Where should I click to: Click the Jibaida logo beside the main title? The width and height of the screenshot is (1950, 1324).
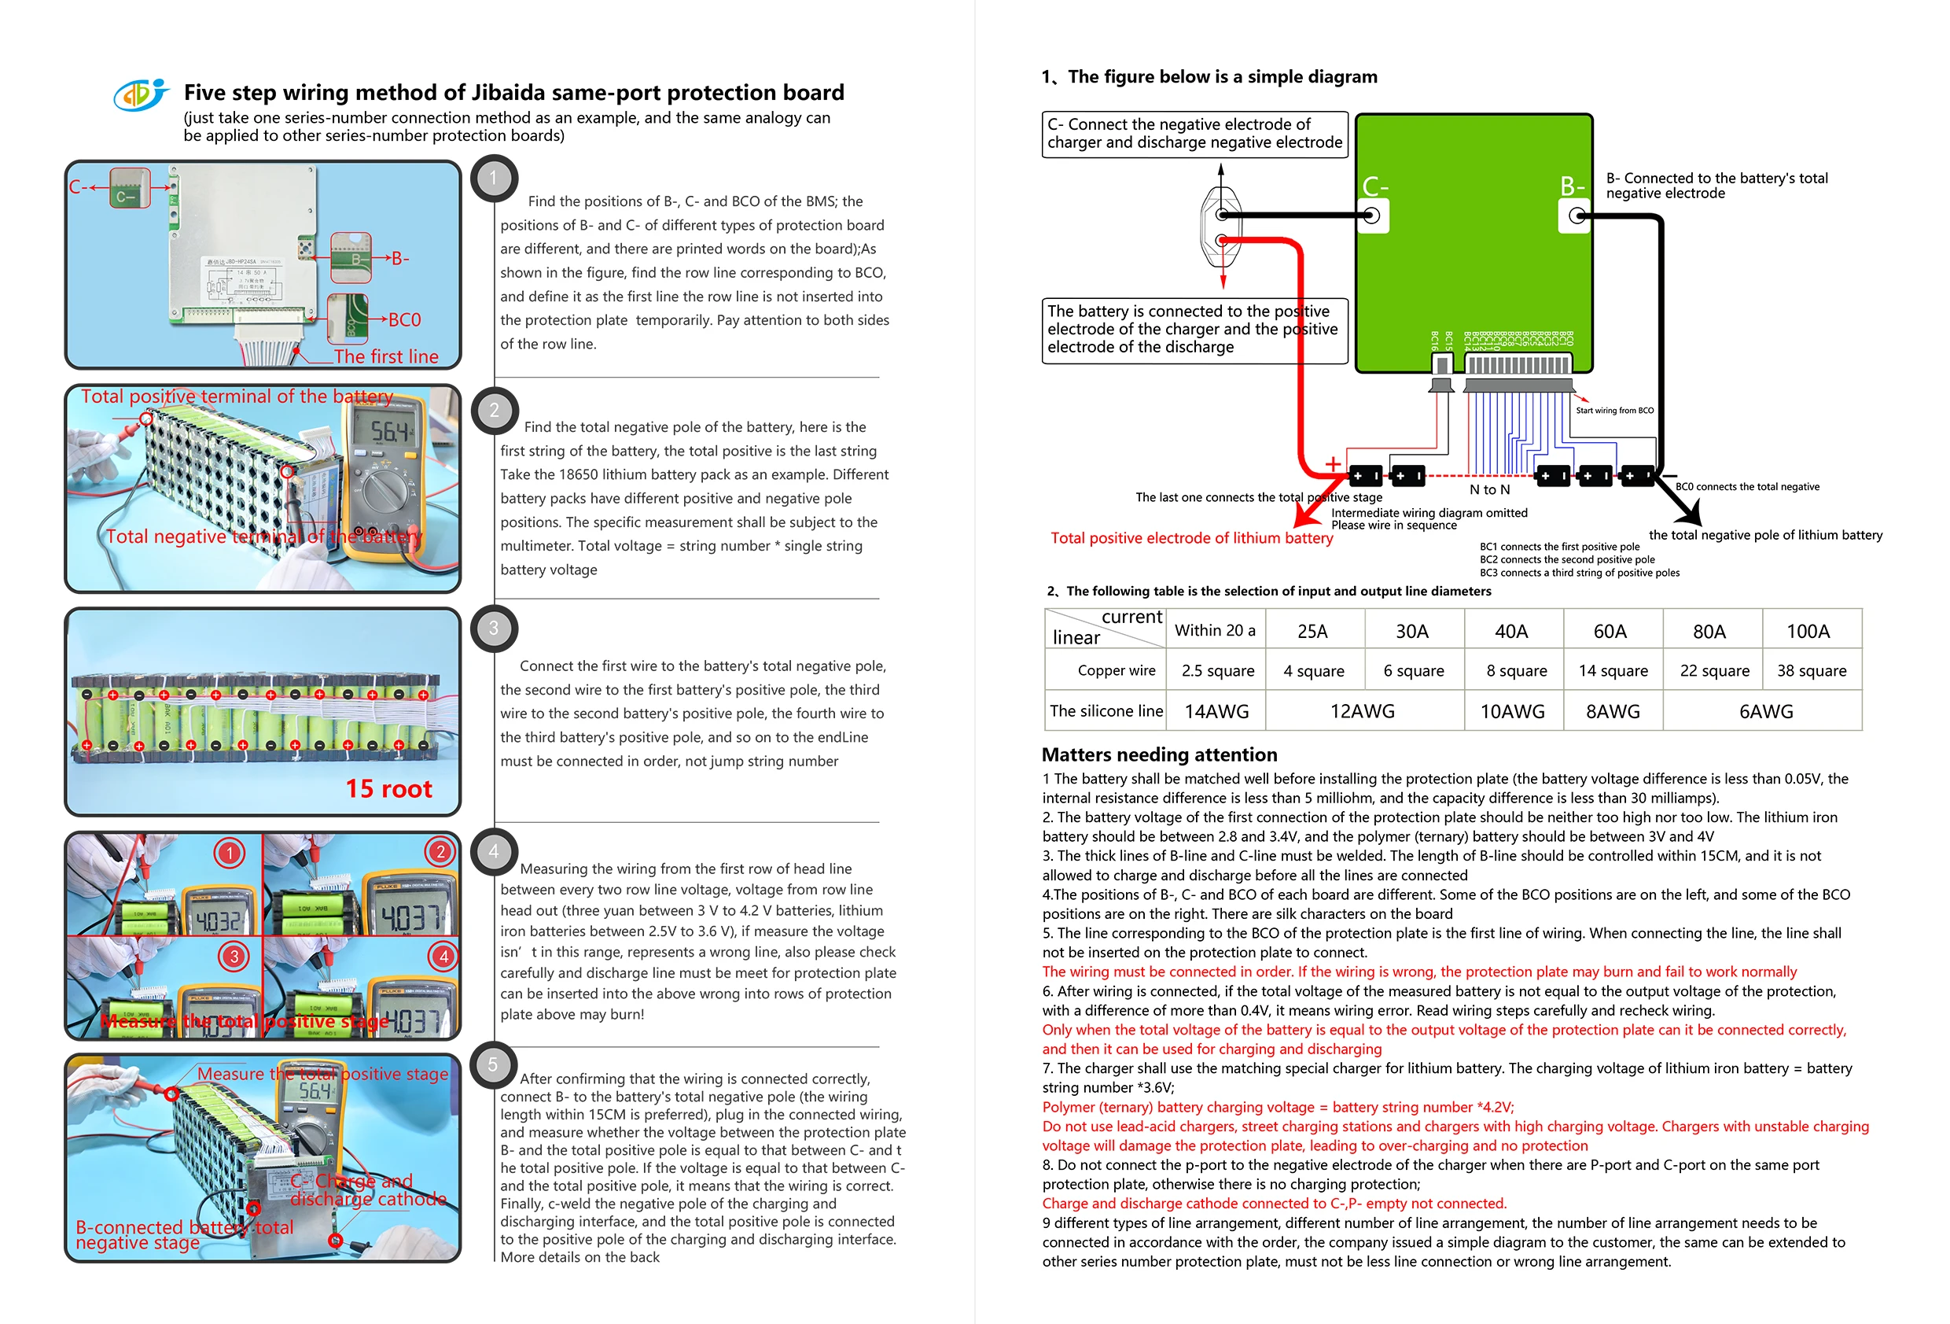tap(141, 94)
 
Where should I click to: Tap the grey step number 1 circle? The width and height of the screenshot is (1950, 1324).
tap(493, 178)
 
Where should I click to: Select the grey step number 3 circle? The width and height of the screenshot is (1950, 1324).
tap(493, 629)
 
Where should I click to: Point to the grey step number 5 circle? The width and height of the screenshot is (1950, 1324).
tap(493, 1065)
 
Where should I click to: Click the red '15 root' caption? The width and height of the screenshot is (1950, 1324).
tap(388, 789)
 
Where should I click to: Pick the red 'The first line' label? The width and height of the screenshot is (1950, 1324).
tap(386, 357)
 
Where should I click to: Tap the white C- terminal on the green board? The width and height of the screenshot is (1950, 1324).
tap(1373, 216)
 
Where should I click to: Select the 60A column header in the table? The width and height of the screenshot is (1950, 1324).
tap(1610, 632)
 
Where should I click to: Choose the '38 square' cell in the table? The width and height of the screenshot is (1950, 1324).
tap(1811, 671)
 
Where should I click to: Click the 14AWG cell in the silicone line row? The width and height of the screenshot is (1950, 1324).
tap(1216, 711)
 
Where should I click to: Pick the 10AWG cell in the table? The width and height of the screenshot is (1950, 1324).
tap(1512, 711)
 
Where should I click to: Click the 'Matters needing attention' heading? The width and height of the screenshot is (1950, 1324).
tap(1159, 754)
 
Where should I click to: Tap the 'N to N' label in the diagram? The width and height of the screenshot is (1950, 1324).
tap(1489, 489)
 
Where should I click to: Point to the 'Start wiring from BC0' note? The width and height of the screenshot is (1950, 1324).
tap(1614, 411)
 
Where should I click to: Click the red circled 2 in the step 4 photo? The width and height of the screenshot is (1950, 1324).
tap(440, 852)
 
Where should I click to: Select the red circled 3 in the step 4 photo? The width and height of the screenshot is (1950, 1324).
tap(234, 957)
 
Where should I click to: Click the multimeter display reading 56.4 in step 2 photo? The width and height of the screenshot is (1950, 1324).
tap(391, 432)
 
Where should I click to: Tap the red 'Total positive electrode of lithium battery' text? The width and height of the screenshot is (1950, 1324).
tap(1191, 538)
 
